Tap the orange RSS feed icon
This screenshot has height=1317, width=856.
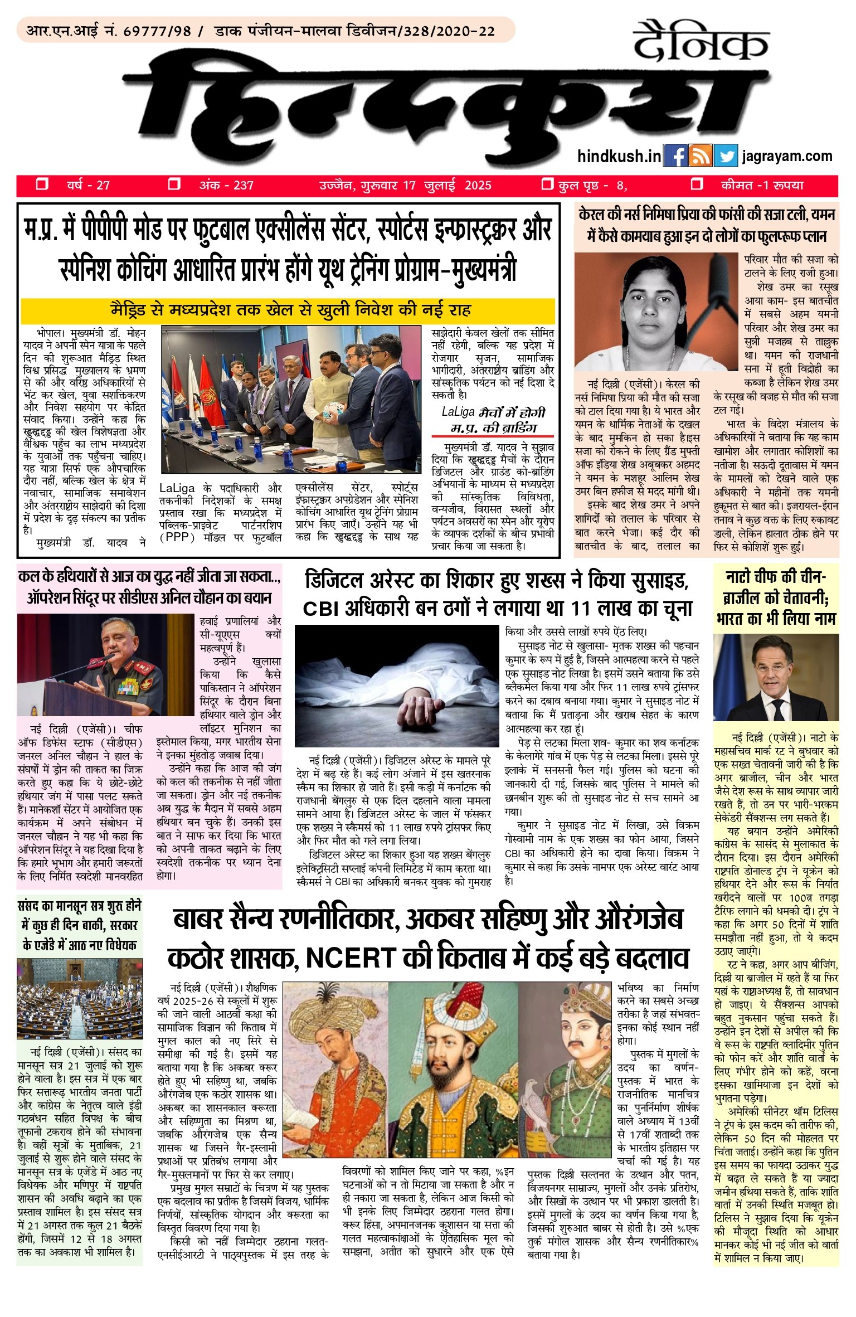coord(700,156)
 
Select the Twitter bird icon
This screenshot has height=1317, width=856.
coord(726,156)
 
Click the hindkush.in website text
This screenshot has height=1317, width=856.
coord(619,157)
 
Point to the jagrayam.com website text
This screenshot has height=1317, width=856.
coord(787,157)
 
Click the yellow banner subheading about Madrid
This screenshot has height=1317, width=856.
coord(288,310)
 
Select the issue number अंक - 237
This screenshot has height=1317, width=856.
coord(226,185)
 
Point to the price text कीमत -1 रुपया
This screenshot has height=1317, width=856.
coord(762,185)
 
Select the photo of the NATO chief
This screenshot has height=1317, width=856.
coord(775,677)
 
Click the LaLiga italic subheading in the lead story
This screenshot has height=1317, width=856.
coord(493,420)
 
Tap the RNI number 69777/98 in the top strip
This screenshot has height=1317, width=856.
coord(158,31)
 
